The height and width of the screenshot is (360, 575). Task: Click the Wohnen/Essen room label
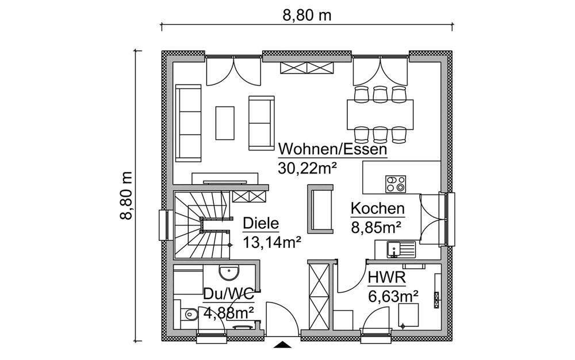click(332, 150)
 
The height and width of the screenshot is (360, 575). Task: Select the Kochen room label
click(377, 209)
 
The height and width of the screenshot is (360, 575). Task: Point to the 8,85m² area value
click(376, 227)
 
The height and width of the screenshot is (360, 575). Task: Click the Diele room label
click(260, 224)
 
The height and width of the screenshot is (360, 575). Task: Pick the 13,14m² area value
click(273, 242)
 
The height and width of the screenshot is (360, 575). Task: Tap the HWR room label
click(386, 279)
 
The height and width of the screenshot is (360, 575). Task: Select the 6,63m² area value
click(393, 297)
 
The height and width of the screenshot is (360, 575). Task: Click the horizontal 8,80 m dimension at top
click(306, 16)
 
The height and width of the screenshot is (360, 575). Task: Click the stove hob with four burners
click(396, 183)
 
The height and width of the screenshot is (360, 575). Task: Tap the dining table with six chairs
click(380, 113)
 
